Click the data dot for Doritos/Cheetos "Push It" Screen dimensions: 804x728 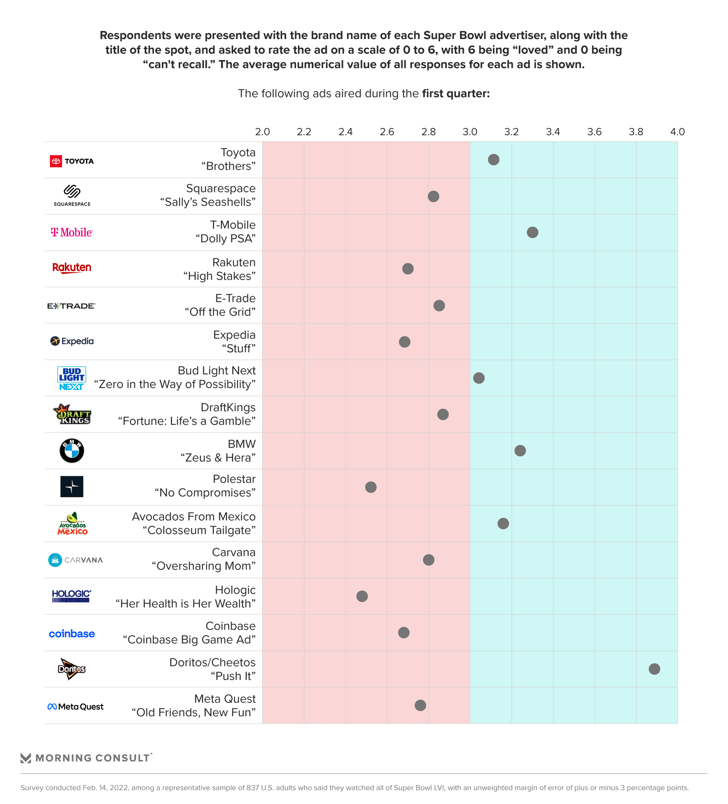(654, 669)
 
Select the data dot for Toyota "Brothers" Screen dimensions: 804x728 (493, 160)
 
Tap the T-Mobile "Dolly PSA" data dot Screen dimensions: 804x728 (532, 232)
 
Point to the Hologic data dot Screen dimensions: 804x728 (362, 596)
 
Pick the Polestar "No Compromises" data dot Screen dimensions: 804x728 (370, 487)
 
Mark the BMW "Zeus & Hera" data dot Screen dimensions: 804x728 (520, 451)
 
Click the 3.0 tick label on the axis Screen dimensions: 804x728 (469, 132)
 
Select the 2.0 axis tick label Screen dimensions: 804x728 (262, 132)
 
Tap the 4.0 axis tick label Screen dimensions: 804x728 (677, 132)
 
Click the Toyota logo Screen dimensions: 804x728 (72, 161)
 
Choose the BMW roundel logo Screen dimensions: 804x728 (72, 451)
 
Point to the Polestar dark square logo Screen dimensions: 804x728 (72, 487)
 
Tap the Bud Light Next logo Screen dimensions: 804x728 (72, 378)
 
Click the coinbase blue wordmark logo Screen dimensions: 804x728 (72, 634)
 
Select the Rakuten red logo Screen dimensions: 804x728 (72, 268)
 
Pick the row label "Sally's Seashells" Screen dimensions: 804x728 (208, 202)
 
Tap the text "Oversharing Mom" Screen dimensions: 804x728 (204, 566)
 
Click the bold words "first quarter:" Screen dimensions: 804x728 (455, 93)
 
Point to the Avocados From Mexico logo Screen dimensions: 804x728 (72, 523)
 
